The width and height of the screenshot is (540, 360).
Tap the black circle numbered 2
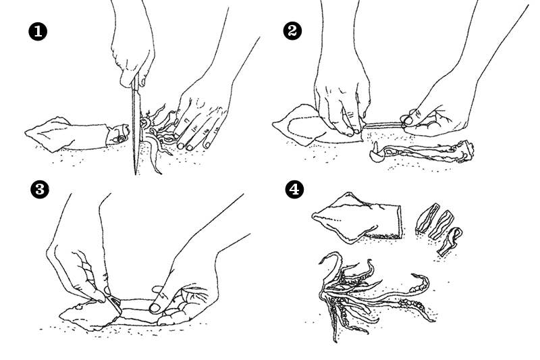tap(294, 32)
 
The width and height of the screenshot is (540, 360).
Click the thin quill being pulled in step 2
tap(381, 124)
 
